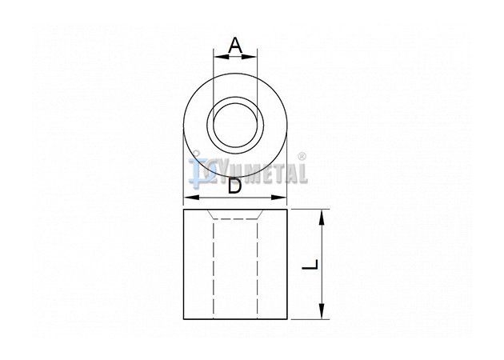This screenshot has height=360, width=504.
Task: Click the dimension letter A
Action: [235, 46]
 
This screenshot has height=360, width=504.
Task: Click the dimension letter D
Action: [234, 186]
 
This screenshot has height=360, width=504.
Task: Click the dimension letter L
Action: [310, 265]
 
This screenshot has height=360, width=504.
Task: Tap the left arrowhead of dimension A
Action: [221, 57]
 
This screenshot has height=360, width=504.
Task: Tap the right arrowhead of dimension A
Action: [250, 57]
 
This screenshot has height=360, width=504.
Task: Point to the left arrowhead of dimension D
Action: [191, 198]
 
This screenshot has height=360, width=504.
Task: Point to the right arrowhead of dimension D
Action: [278, 198]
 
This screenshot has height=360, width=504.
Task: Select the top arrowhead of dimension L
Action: [322, 218]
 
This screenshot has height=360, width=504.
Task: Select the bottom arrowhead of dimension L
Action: [322, 311]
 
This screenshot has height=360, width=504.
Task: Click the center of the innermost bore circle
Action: [235, 125]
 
